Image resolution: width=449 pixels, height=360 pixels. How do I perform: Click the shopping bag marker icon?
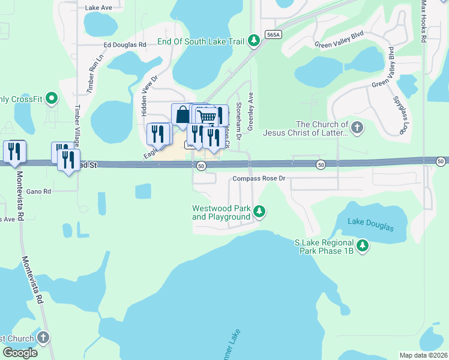click(181, 114)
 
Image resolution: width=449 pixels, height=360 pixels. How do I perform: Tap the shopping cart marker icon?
click(206, 116)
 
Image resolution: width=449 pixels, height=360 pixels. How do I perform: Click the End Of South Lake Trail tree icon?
click(254, 41)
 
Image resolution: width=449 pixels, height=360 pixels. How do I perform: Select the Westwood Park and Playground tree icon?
click(259, 211)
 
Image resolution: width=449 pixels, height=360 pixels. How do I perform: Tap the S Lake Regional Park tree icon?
click(362, 245)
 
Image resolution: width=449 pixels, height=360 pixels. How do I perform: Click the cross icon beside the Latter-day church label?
click(357, 127)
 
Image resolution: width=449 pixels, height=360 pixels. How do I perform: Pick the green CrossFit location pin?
click(51, 98)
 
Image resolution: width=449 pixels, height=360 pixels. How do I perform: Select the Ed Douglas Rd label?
click(125, 44)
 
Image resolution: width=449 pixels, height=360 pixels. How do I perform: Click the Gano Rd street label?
click(38, 191)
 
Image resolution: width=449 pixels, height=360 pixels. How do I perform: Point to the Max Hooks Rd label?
click(423, 21)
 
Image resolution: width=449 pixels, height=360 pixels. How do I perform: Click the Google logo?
click(19, 353)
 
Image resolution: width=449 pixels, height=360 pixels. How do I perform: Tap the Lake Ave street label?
click(98, 8)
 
